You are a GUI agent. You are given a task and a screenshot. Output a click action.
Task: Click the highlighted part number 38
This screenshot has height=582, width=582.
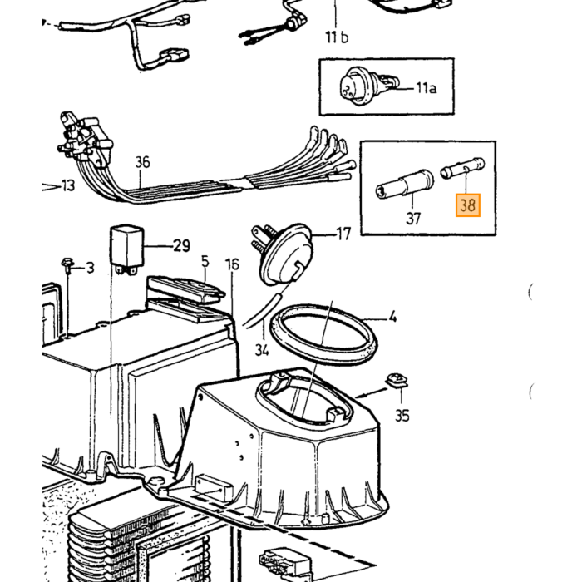point(467,205)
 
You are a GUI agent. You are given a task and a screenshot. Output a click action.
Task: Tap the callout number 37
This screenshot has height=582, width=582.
point(413,218)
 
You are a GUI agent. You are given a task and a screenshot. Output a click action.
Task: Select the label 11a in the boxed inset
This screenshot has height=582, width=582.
point(426,88)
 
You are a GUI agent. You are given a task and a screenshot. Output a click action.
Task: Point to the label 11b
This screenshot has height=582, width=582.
point(337,37)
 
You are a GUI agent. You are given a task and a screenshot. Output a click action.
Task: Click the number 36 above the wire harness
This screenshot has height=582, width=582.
point(142,162)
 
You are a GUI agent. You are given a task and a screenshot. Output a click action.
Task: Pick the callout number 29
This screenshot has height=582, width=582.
point(181,246)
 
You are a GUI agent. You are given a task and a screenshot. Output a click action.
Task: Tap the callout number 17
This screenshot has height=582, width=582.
point(343,234)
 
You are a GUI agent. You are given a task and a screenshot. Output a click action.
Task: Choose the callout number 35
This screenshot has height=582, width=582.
point(402,416)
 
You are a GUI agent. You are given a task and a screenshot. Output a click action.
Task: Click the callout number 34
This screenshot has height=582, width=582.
point(262,350)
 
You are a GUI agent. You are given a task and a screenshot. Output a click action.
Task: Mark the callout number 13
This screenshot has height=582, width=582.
point(68,185)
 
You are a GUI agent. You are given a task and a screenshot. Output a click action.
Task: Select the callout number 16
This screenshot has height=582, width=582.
point(232,264)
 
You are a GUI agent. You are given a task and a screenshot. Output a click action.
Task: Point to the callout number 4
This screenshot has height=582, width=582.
point(392,318)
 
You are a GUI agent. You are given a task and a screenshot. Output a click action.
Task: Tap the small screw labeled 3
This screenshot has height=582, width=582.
point(67,264)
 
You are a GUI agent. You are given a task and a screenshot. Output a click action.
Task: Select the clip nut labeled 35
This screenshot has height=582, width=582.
point(397,381)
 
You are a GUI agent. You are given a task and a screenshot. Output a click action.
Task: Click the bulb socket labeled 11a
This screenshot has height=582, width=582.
point(368,85)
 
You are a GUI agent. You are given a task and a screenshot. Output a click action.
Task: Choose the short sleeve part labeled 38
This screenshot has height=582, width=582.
point(462,168)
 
